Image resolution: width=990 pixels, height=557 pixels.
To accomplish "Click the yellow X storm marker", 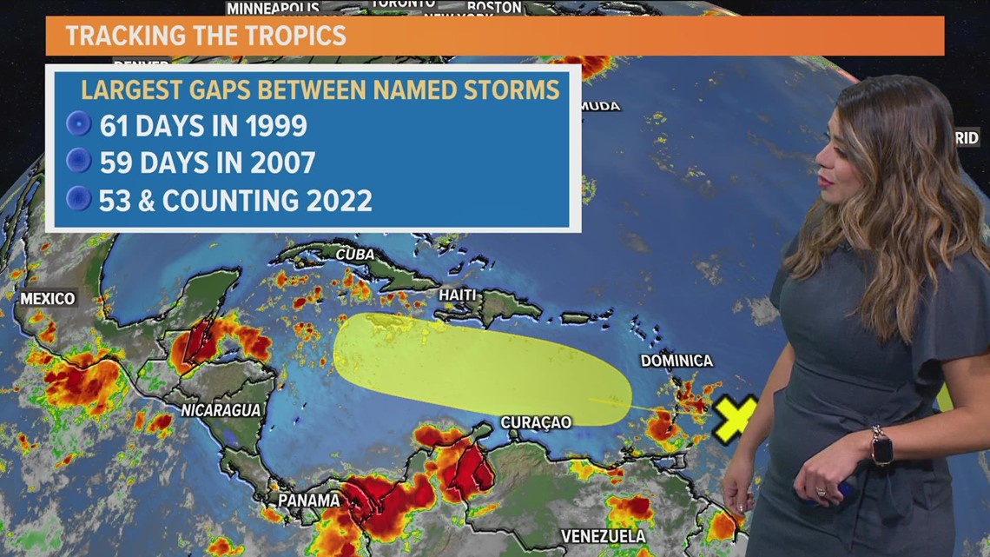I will [x=735, y=418].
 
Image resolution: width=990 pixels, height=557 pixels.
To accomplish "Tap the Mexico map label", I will [x=48, y=299].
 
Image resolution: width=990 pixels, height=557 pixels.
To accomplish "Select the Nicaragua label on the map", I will [x=221, y=410].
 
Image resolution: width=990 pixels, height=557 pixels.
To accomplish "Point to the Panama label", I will [x=308, y=501].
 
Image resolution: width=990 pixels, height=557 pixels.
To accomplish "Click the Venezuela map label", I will [x=603, y=535].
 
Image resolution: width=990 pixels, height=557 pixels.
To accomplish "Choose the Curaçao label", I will [x=536, y=422].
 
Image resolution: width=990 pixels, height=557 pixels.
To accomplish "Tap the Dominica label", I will [x=676, y=361].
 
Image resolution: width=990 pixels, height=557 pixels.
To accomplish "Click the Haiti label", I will [x=457, y=295].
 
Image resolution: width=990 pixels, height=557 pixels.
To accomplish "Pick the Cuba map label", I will [x=355, y=255].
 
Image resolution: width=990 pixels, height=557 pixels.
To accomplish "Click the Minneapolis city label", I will [x=273, y=8].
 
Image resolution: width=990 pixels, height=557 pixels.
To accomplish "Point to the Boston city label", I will [x=494, y=7].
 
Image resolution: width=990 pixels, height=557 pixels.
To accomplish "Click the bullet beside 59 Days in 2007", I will [x=79, y=162].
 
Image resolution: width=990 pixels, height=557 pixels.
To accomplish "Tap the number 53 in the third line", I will [x=115, y=201].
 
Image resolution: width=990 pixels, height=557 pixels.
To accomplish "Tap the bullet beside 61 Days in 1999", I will [x=79, y=125].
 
